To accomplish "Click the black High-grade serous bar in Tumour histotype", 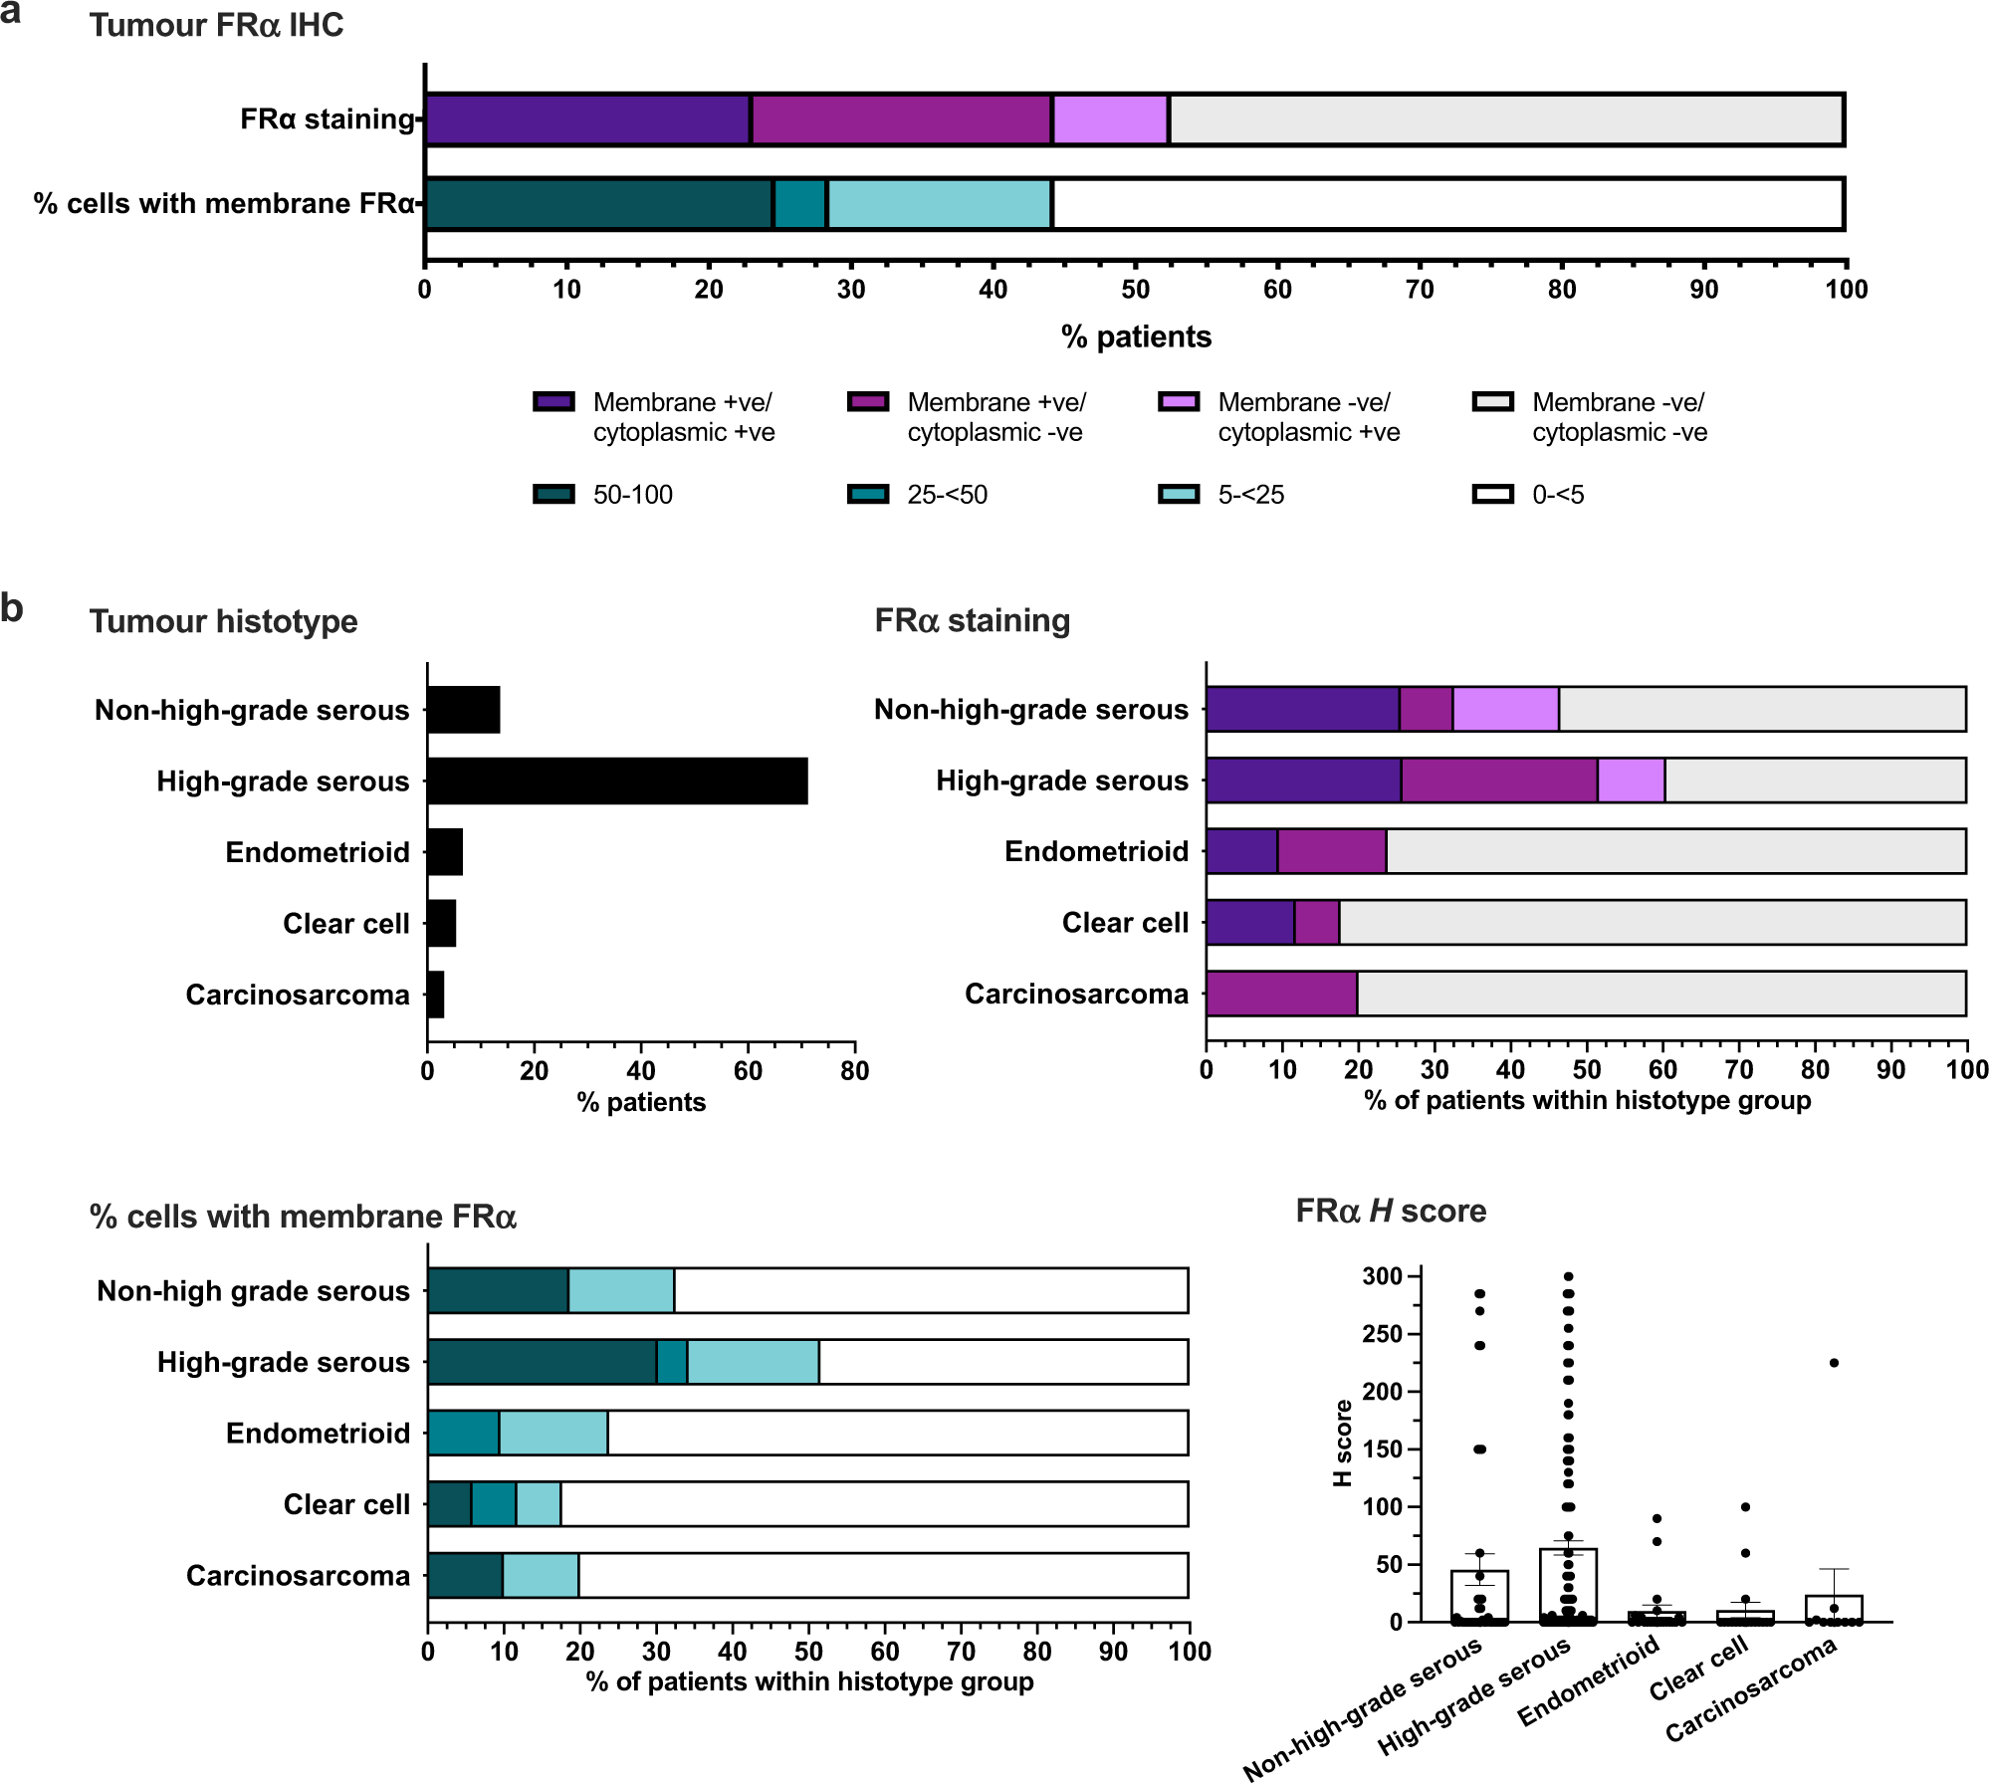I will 617,780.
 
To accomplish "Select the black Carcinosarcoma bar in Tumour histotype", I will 436,995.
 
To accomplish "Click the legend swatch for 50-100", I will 553,495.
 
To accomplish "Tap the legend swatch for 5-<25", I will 1179,495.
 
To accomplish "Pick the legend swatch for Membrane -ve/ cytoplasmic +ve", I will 1179,402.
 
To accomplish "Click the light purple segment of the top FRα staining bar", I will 1110,120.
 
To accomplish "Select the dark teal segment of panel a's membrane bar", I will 598,204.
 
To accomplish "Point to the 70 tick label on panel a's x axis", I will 1420,290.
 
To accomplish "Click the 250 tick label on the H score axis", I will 1382,1334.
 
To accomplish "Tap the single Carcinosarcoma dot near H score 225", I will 1834,1363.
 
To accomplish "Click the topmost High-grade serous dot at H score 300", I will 1569,1276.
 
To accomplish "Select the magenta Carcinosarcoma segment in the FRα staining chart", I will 1281,994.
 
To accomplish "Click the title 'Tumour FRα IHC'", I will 216,25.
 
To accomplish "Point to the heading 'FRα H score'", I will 1391,1211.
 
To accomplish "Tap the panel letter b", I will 12,608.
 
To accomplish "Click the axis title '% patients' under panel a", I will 1136,336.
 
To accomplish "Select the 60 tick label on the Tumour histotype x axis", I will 748,1071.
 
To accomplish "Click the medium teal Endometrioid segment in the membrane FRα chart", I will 463,1433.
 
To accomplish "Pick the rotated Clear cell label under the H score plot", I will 1698,1670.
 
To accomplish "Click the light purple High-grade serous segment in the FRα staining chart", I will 1631,780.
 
